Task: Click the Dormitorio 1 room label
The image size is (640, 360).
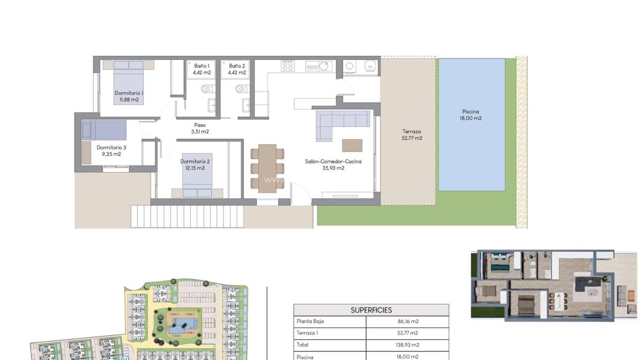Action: [129, 93]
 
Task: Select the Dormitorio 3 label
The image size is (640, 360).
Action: [112, 147]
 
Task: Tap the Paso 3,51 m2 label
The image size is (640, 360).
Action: [200, 128]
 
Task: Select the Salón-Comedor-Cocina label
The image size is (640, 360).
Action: [333, 162]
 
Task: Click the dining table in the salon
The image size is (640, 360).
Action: [267, 168]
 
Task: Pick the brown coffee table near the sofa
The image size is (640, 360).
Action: [352, 145]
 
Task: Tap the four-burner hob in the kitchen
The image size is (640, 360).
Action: [287, 66]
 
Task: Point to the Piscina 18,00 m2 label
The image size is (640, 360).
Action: [471, 115]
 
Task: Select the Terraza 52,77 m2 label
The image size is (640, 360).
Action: [412, 135]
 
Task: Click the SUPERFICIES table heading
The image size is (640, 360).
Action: [371, 310]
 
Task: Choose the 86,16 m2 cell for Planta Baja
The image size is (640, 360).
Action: [407, 322]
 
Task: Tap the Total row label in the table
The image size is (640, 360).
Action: [303, 345]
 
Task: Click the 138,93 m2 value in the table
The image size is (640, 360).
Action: [407, 345]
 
